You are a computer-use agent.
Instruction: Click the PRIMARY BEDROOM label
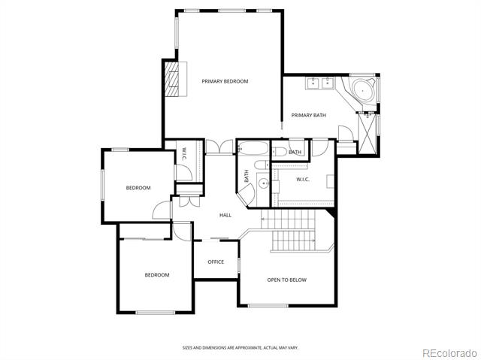pos(225,81)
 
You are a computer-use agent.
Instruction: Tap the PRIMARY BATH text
pos(309,115)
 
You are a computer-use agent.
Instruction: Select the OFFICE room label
pos(216,262)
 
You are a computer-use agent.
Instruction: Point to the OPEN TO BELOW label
pos(287,280)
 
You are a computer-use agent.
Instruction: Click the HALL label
pos(225,215)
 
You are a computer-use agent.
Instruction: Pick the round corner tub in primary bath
pos(363,90)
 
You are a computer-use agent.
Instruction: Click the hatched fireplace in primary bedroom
pos(172,79)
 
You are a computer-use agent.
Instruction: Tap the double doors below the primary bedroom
pos(219,147)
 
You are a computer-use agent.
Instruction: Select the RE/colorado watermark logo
pos(449,353)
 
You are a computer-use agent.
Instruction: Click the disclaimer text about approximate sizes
pos(240,348)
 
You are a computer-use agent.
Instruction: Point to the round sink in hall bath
pos(263,183)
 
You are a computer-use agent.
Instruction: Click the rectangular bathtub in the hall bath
pos(254,148)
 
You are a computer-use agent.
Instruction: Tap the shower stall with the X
pos(368,134)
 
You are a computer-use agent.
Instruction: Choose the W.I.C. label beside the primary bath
pos(302,180)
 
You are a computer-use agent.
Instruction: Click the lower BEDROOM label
pos(157,275)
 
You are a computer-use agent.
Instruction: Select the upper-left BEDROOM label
pos(138,188)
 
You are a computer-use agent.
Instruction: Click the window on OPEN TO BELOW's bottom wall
pos(268,306)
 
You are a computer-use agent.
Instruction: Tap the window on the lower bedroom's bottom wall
pos(156,313)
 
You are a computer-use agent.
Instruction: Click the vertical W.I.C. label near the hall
pos(183,154)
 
